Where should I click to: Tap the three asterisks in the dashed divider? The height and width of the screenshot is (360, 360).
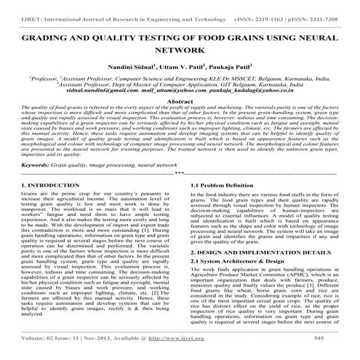180,175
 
